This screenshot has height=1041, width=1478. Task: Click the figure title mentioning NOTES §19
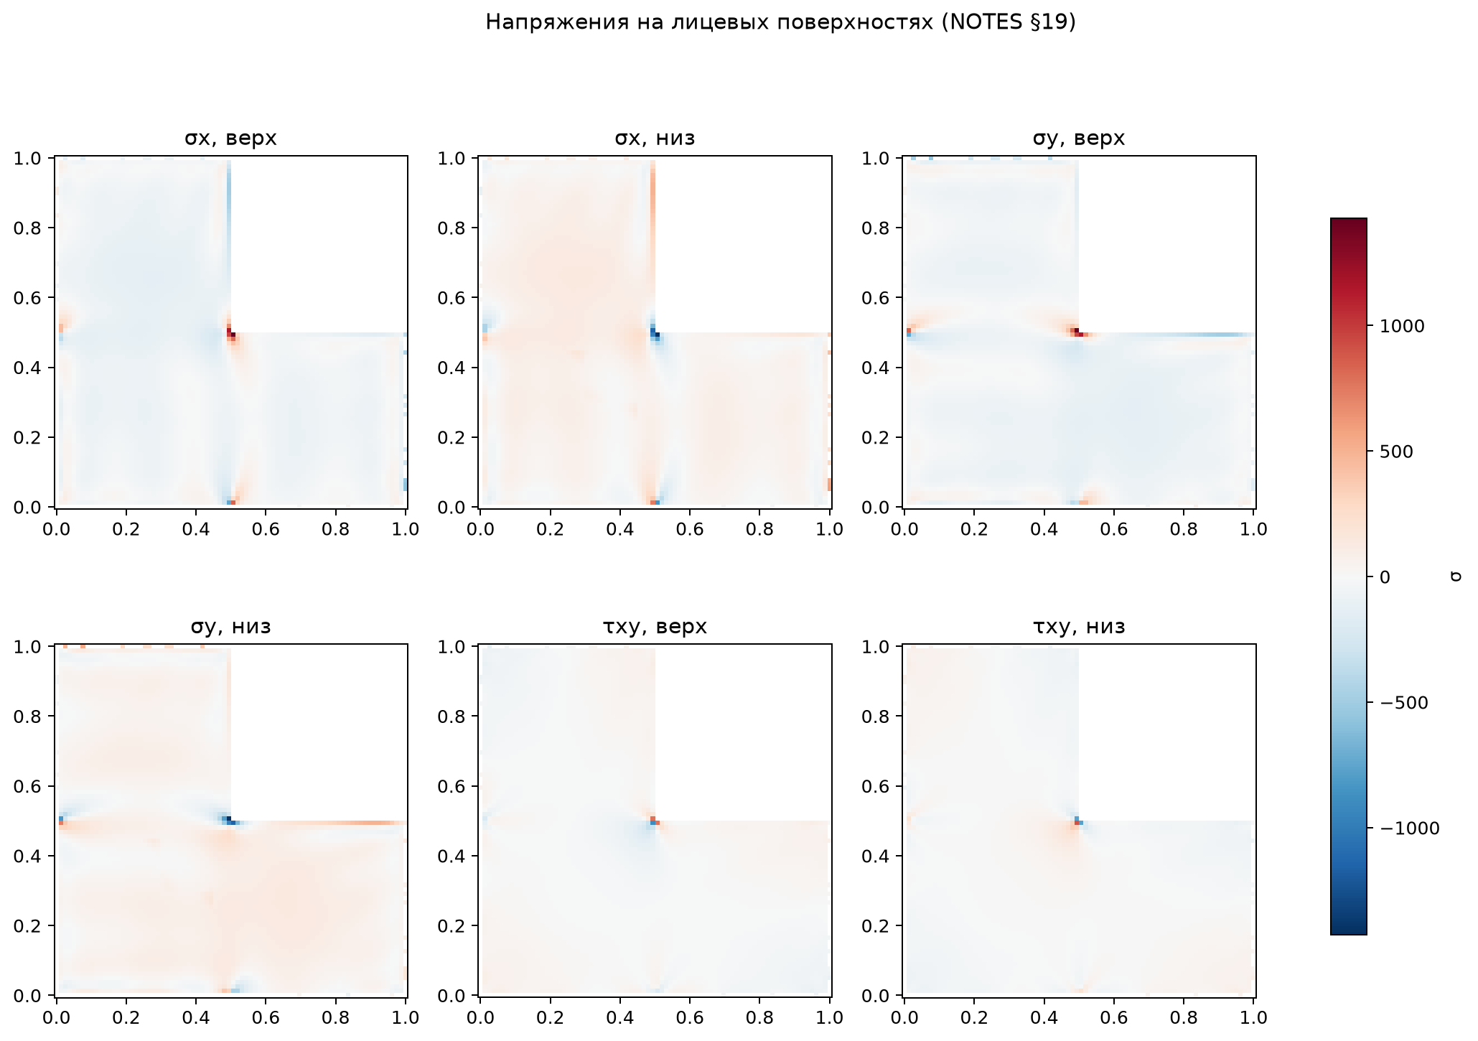781,23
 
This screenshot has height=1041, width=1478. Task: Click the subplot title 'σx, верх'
230,138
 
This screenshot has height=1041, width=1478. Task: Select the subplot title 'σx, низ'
655,138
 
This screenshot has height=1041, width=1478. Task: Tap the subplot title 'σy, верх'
1079,138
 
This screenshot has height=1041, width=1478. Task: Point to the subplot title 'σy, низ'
230,627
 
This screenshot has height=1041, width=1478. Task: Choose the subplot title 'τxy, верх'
655,627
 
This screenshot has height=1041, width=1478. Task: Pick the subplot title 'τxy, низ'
1079,627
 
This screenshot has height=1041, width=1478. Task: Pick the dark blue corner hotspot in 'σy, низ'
228,820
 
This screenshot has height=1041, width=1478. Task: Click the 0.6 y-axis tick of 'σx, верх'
33,298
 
